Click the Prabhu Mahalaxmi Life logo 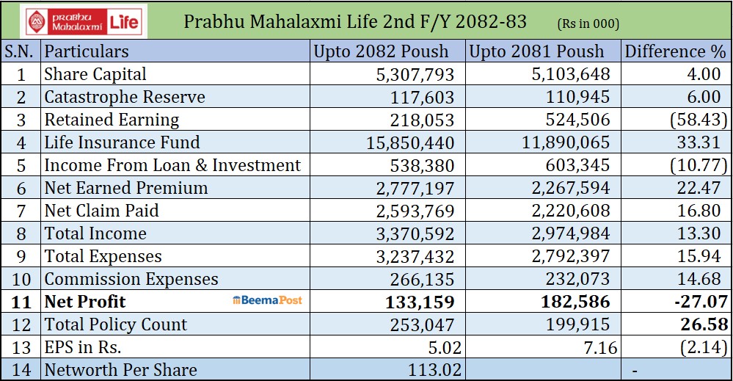point(84,21)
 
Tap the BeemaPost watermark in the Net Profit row point(267,301)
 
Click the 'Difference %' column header point(675,51)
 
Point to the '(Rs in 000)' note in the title point(588,23)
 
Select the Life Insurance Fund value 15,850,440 point(410,143)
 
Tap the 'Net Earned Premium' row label point(125,188)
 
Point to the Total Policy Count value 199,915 point(577,324)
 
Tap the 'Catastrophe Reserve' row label point(124,97)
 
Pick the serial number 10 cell point(21,279)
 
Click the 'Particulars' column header point(86,51)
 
